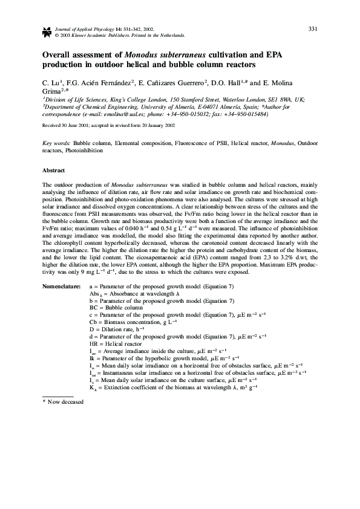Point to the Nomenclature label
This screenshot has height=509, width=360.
[61, 283]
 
